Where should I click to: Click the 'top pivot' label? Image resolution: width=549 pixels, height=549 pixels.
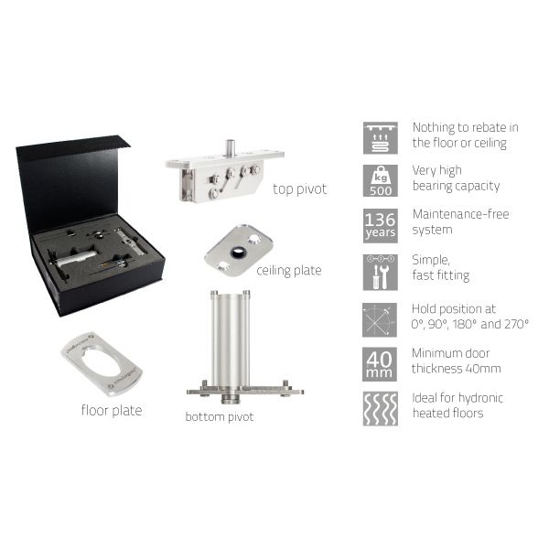click(x=300, y=189)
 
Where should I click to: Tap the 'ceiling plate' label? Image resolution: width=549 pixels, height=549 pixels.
click(x=289, y=270)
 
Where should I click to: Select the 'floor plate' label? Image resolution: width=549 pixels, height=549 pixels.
click(x=112, y=410)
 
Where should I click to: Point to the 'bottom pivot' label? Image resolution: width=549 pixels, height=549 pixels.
click(x=220, y=416)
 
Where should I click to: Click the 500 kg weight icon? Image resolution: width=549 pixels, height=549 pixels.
click(x=381, y=181)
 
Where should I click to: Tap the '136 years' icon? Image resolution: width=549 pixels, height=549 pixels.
click(x=381, y=226)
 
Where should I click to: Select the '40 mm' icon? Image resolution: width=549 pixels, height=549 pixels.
click(x=380, y=364)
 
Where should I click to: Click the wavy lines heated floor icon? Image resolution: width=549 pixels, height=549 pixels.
click(x=381, y=409)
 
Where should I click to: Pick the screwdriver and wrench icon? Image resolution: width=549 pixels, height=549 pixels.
click(x=381, y=273)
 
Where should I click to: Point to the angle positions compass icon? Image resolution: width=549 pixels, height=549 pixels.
click(x=380, y=320)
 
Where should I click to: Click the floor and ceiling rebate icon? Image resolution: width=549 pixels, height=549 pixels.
click(x=381, y=138)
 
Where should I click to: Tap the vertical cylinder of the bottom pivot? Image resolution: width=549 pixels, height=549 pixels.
click(x=231, y=338)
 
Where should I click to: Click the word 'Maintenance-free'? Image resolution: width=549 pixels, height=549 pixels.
click(x=461, y=214)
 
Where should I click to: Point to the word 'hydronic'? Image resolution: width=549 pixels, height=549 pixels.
click(x=480, y=398)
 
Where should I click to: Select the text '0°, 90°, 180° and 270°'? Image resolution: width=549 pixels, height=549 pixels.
click(x=470, y=324)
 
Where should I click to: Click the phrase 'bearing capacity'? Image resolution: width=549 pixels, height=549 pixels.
click(x=456, y=186)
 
